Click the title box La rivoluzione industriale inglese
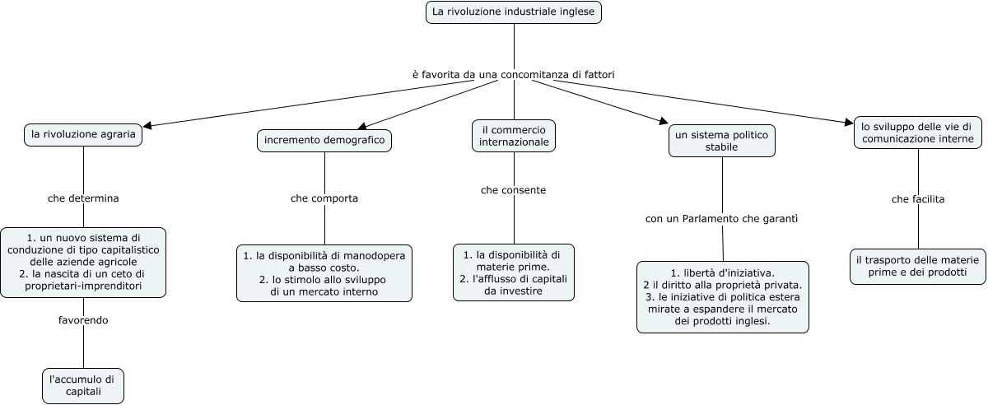tap(514, 12)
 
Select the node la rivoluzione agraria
tap(83, 134)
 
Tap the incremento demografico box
tap(324, 141)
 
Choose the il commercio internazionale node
tap(515, 136)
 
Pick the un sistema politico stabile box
tap(722, 140)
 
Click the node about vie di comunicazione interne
tap(917, 133)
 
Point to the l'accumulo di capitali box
tap(83, 385)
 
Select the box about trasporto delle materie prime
tap(918, 266)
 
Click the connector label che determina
tap(83, 198)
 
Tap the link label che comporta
tap(324, 198)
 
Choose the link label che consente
tap(514, 190)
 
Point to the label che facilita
tap(918, 199)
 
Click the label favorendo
tap(83, 319)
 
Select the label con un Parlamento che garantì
tap(722, 219)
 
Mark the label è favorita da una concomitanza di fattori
tap(514, 74)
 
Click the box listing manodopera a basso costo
tap(324, 273)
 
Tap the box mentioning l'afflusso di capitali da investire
tap(514, 272)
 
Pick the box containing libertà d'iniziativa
tap(723, 297)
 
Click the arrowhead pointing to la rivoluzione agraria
tap(148, 127)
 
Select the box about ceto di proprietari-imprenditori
tap(83, 262)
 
